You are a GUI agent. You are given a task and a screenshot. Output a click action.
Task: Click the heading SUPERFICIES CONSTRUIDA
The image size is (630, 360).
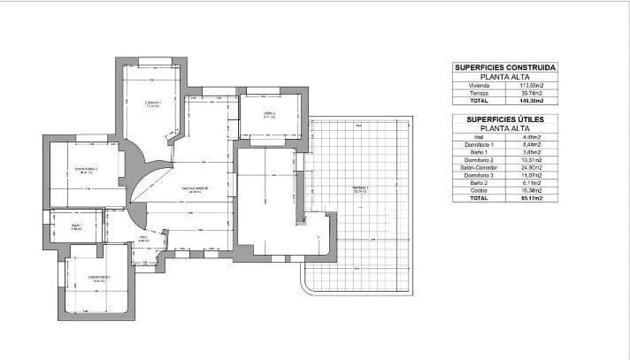coord(504,67)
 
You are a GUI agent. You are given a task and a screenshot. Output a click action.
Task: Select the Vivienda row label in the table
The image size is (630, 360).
coord(479,85)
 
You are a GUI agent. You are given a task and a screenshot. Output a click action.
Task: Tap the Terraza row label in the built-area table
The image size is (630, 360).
coord(479,93)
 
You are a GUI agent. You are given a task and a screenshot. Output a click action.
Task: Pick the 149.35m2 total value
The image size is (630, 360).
coord(531,101)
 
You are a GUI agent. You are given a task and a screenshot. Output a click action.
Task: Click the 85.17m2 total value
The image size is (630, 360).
coord(531,198)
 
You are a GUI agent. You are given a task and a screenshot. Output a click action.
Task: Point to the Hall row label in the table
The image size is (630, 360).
coord(479,137)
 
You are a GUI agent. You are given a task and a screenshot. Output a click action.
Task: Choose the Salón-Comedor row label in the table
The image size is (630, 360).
coord(479,167)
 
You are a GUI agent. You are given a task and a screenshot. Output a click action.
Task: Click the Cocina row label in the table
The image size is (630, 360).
coord(479,190)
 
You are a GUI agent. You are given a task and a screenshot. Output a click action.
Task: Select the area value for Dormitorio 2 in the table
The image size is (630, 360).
coord(531,160)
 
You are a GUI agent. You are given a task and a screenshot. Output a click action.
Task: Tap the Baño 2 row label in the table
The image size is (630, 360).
coord(479,183)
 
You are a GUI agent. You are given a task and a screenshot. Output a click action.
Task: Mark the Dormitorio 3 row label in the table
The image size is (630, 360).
coord(479,175)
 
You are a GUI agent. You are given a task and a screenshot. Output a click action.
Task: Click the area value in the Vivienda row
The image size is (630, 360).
coord(531,85)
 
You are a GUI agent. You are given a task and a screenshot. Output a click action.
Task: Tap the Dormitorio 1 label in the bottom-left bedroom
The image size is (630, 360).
coord(98,278)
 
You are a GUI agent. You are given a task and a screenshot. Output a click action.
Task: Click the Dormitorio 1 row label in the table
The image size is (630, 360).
coord(479,145)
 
